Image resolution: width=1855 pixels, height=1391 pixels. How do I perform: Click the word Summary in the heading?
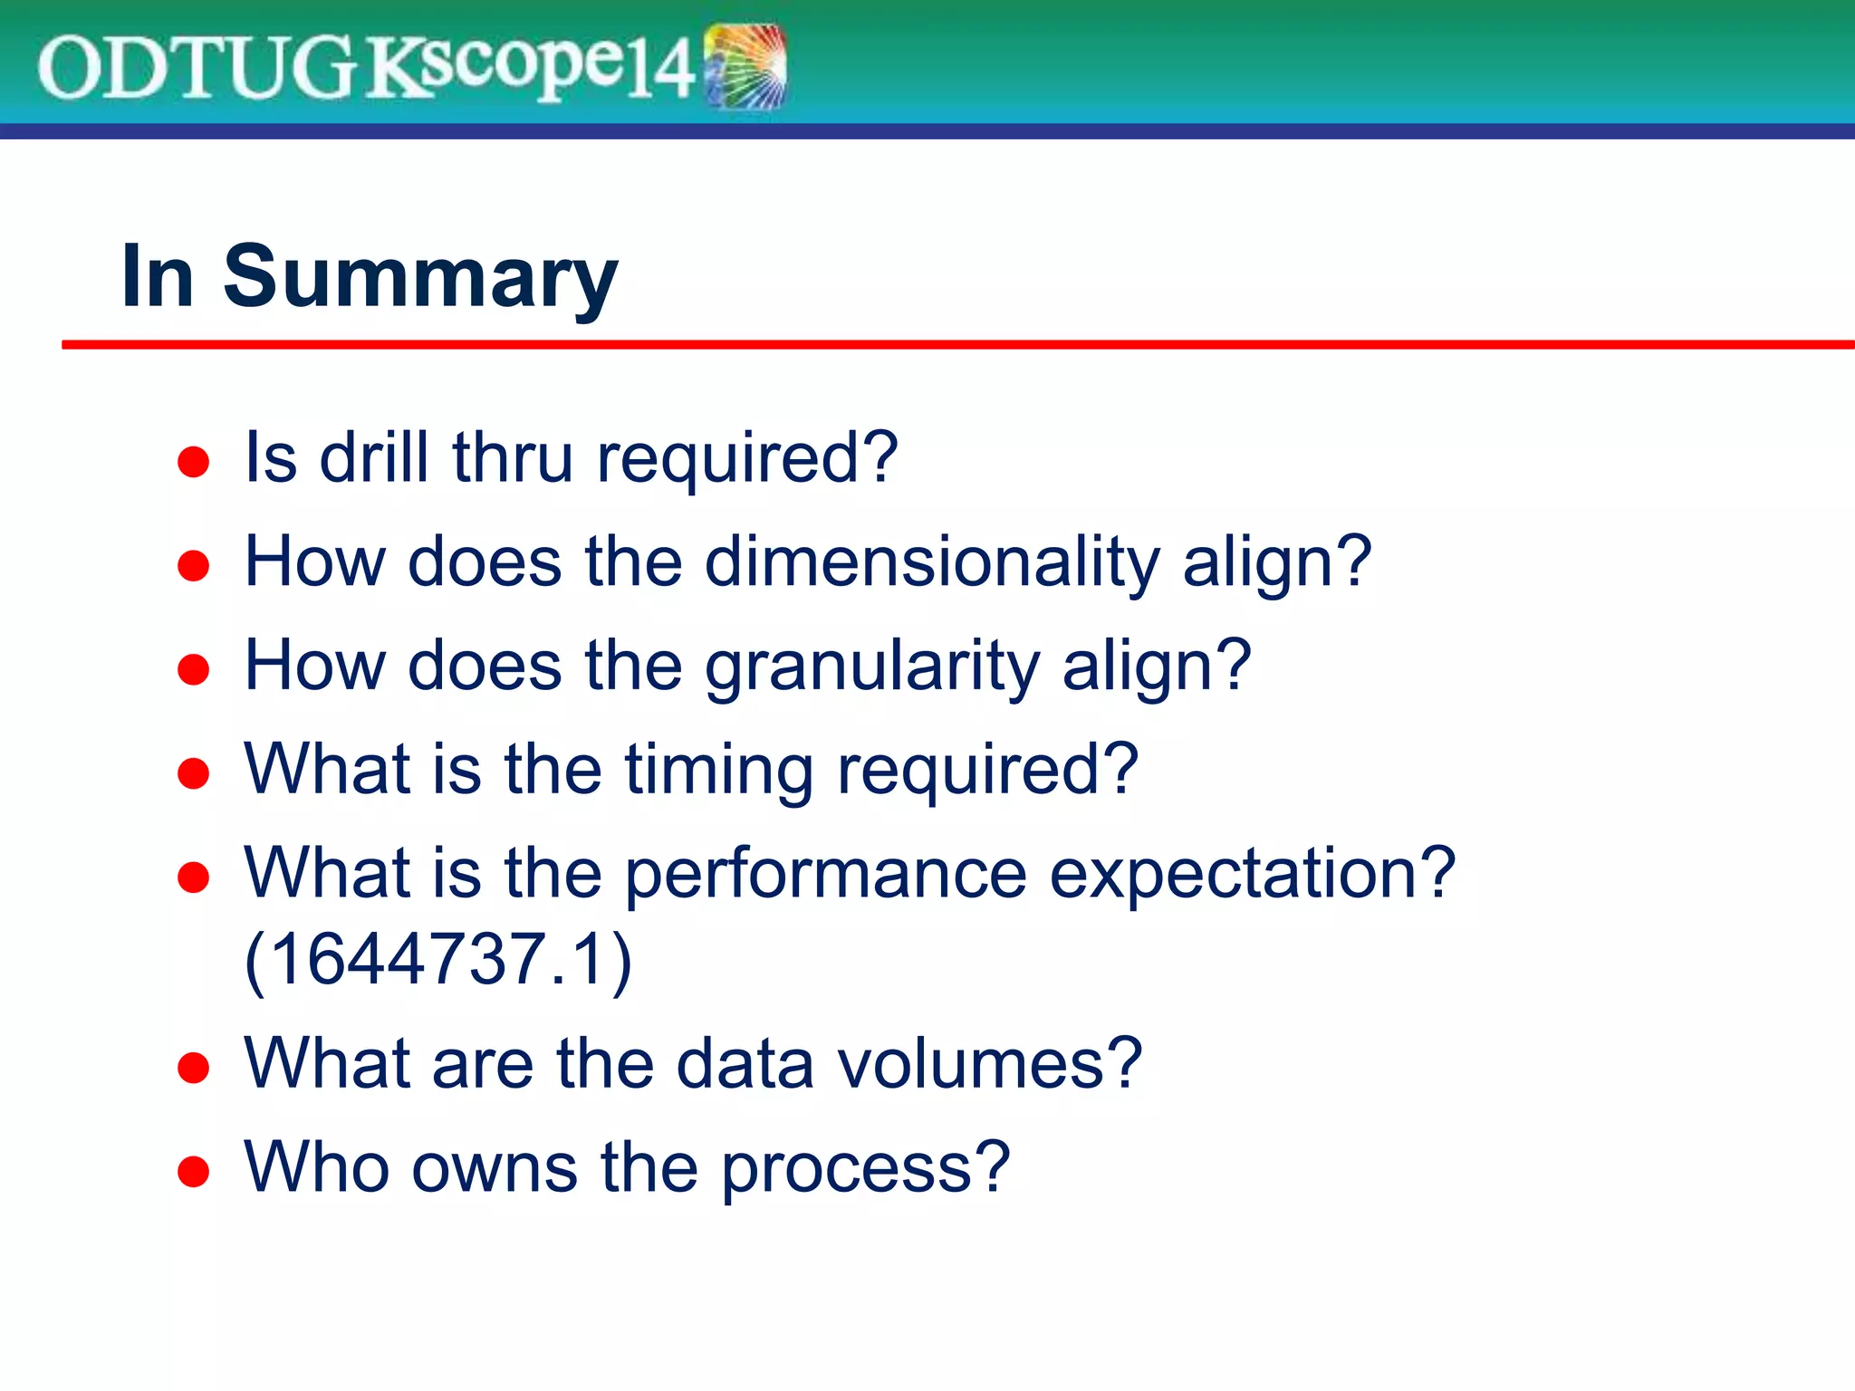click(420, 278)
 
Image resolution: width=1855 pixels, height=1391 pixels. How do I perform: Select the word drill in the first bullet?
click(374, 457)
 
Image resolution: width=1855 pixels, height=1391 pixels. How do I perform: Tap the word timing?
click(719, 771)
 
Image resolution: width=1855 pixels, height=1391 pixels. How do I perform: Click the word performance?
click(825, 875)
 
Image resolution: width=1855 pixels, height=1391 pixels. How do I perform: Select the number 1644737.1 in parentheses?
click(438, 959)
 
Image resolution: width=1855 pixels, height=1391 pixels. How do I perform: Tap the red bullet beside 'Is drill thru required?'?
click(194, 462)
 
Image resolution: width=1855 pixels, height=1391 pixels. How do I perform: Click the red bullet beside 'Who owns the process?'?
click(194, 1171)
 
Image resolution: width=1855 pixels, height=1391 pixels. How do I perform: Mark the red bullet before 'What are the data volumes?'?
click(194, 1068)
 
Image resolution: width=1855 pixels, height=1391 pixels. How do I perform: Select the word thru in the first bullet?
click(513, 457)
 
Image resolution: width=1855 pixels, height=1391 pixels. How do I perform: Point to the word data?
click(745, 1063)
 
